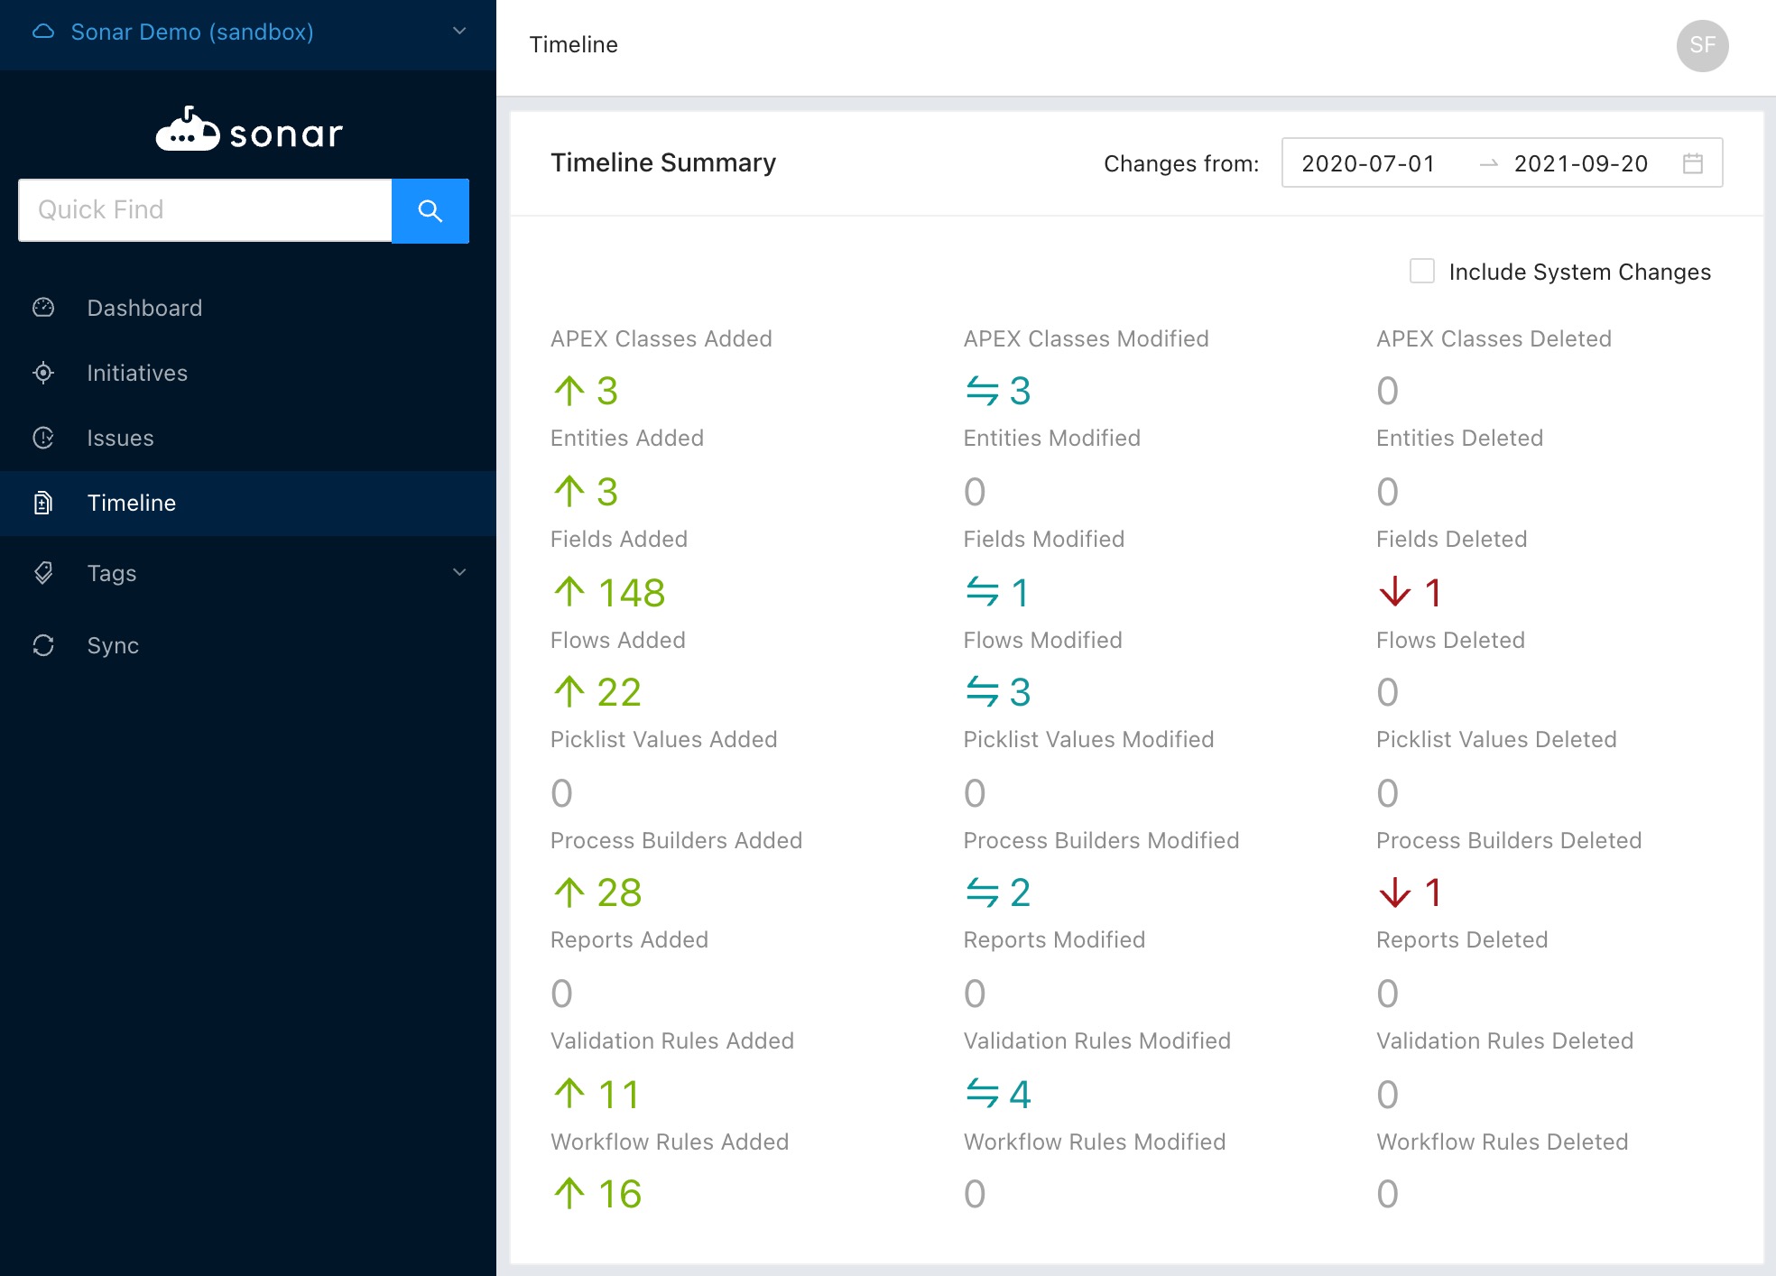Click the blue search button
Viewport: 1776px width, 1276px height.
click(430, 210)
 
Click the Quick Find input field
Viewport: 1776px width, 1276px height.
click(205, 210)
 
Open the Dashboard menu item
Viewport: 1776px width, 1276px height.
click(144, 308)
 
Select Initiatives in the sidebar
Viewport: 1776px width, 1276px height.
click(137, 373)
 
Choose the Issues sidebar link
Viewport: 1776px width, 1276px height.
click(120, 438)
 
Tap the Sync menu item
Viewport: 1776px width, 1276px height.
click(113, 645)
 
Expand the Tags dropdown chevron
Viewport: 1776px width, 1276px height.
click(459, 572)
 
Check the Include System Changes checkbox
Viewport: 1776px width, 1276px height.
click(1422, 271)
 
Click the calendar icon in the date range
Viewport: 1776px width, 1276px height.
click(1693, 163)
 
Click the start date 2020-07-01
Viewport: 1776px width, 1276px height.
click(1368, 163)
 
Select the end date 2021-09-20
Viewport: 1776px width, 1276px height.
click(1581, 163)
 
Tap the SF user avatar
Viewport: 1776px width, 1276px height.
click(1703, 45)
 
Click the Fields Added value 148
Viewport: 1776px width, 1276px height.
click(632, 593)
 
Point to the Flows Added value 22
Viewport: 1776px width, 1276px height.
click(619, 692)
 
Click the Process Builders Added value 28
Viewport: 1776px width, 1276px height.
click(619, 892)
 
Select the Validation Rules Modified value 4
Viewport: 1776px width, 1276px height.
click(1020, 1095)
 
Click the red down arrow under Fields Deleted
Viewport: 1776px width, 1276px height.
click(1395, 592)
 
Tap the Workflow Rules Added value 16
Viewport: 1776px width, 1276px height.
click(620, 1194)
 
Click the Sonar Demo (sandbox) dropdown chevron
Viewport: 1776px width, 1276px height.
click(459, 31)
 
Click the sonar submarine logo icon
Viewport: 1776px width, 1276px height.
click(188, 129)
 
